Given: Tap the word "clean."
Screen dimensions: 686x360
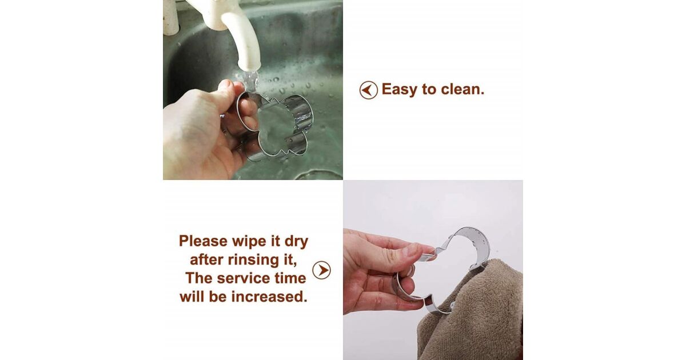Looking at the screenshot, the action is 462,89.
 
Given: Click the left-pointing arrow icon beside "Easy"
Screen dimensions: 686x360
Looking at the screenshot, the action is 368,90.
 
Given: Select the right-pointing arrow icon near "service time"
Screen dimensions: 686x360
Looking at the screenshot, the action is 321,270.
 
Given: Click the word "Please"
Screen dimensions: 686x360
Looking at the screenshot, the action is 204,241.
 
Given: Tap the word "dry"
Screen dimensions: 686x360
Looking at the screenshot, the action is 296,242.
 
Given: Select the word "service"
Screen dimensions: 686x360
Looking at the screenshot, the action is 244,279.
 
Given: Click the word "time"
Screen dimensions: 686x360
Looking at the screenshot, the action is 290,279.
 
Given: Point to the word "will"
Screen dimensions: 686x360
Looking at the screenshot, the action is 193,297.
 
